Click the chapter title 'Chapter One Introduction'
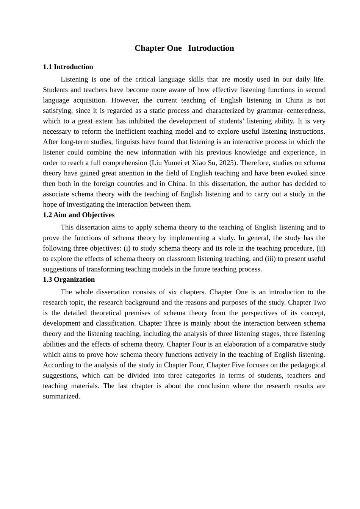184,48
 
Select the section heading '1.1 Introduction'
68,67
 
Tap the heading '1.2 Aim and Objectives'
78,215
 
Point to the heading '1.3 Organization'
69,279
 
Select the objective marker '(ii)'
321,248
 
